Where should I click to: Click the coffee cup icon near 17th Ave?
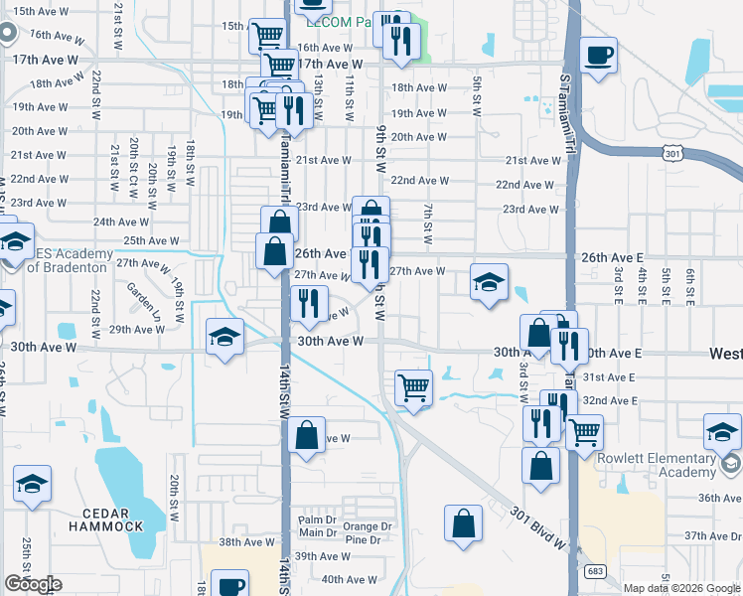pyautogui.click(x=598, y=56)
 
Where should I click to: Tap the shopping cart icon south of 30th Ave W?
pyautogui.click(x=413, y=387)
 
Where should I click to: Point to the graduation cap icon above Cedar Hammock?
pyautogui.click(x=32, y=484)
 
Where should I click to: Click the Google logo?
pyautogui.click(x=33, y=584)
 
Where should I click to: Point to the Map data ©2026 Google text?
pyautogui.click(x=681, y=588)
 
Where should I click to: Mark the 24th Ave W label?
pyautogui.click(x=121, y=223)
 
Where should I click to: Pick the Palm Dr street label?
pyautogui.click(x=317, y=520)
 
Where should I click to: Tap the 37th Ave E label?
pyautogui.click(x=710, y=535)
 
